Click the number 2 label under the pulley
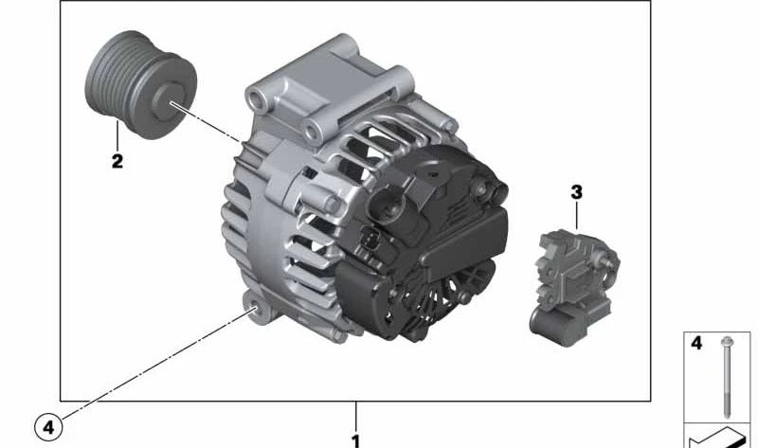(x=117, y=161)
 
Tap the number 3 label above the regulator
(x=576, y=192)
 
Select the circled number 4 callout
(x=48, y=427)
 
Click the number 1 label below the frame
(x=356, y=440)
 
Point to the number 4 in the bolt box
(x=696, y=343)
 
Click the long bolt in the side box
(x=726, y=377)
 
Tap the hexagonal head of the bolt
(x=726, y=341)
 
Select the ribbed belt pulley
(x=140, y=84)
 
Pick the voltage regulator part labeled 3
(x=575, y=287)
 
